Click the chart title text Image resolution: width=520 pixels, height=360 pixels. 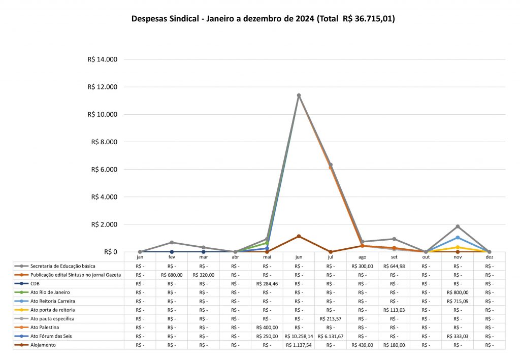[263, 19]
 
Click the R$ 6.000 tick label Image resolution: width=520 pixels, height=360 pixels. [104, 170]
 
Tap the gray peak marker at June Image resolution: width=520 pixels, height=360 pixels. [299, 95]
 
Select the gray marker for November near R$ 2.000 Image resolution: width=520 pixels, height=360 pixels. [458, 226]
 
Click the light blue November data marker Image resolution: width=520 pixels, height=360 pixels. [458, 238]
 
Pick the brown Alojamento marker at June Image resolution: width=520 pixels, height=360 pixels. [299, 236]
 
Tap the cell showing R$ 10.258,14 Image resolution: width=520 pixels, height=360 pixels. [299, 336]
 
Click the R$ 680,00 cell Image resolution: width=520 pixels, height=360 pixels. [172, 275]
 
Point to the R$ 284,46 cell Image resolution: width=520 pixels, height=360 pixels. [267, 283]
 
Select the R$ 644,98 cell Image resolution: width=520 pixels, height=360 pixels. [394, 266]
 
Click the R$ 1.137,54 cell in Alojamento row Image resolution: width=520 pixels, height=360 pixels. [299, 345]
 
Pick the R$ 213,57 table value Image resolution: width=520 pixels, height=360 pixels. [331, 318]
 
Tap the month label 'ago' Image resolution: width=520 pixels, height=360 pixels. [362, 257]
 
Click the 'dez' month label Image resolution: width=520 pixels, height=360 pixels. [489, 257]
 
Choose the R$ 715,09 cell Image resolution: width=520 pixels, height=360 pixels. [458, 301]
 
